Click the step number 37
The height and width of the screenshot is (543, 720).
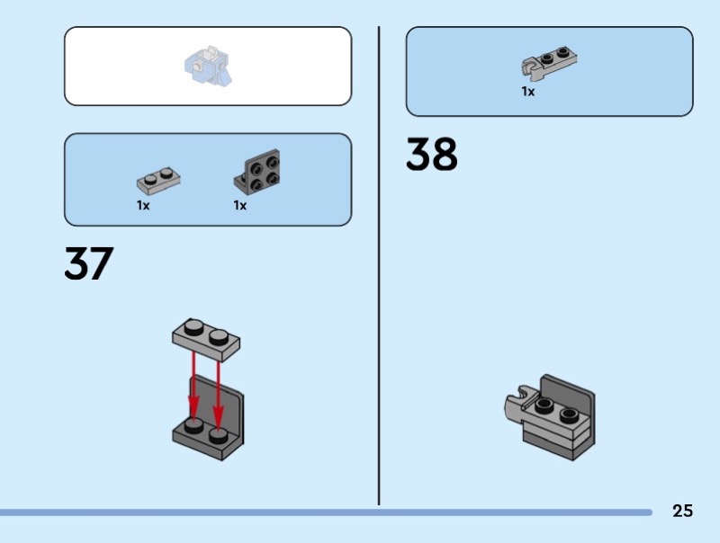coord(89,263)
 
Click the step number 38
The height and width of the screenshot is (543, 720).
coord(431,155)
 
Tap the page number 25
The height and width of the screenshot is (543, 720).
coord(682,512)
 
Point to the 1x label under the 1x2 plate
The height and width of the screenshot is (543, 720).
coord(143,206)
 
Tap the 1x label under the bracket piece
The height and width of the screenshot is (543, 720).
coord(240,206)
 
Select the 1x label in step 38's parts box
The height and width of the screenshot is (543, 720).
coord(528,92)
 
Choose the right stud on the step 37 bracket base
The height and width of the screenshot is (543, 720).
coord(219,435)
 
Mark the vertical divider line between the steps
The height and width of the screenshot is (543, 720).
coord(379,270)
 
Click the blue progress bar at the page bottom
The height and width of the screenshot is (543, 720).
coord(324,512)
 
